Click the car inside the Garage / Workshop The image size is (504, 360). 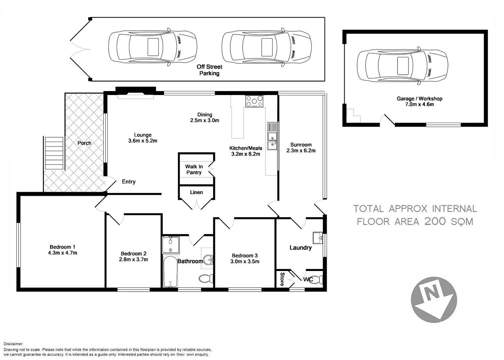coord(402,66)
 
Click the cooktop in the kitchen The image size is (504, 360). coord(254,101)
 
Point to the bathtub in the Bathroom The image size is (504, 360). coord(170,272)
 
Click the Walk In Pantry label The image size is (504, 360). coord(194,169)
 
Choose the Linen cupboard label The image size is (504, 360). coord(196,192)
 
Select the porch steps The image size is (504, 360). coord(54,153)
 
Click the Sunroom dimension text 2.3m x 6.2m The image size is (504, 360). coord(301,151)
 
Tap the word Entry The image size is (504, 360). coord(129,182)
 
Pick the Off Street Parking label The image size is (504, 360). coord(209,70)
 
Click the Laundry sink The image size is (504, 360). coord(318,238)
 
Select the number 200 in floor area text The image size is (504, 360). coord(435,221)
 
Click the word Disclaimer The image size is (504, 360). coord(13,344)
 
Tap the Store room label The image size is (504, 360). coord(282,279)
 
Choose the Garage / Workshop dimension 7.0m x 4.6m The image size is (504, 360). coord(419,104)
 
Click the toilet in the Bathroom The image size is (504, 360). coord(206,279)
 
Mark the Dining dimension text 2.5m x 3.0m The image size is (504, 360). coord(205,120)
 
